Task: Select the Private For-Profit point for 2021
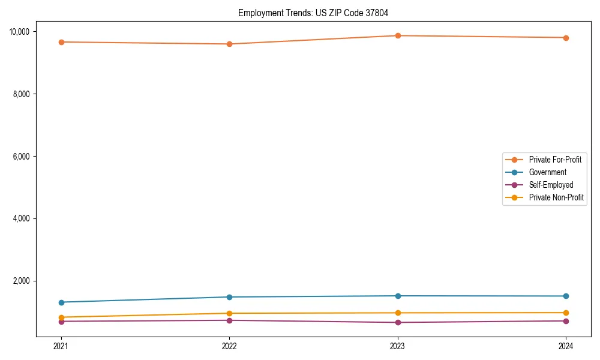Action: [x=61, y=42]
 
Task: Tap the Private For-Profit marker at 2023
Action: [x=398, y=35]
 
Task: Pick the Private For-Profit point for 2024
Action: [x=566, y=38]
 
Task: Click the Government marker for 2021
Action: [x=61, y=302]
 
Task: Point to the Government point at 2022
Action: [x=229, y=297]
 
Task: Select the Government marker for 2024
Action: [x=566, y=296]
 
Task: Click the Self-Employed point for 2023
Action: [x=398, y=322]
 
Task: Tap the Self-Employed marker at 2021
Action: [x=61, y=322]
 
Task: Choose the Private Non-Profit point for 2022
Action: [x=229, y=313]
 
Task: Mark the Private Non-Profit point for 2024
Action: [x=566, y=313]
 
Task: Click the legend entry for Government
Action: [x=547, y=172]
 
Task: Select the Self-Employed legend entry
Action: [x=551, y=185]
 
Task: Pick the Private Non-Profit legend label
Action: [x=556, y=197]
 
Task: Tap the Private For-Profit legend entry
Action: [x=555, y=160]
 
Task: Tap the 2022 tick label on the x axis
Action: [x=229, y=346]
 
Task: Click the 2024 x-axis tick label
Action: [x=566, y=346]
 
